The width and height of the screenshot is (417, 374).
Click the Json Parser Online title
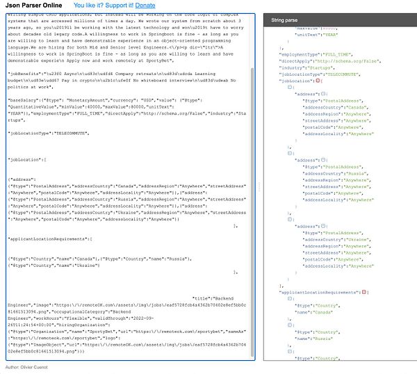(40, 6)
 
